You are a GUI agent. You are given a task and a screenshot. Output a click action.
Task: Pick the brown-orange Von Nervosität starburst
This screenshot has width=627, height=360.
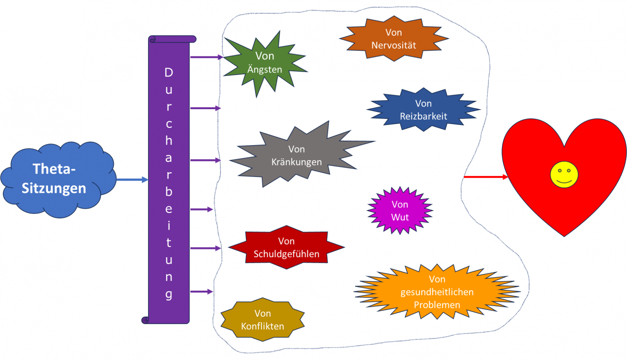click(x=393, y=39)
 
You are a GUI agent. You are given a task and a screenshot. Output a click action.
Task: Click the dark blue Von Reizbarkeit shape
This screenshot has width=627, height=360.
click(x=423, y=110)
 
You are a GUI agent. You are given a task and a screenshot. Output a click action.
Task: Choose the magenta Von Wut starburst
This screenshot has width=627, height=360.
click(x=400, y=210)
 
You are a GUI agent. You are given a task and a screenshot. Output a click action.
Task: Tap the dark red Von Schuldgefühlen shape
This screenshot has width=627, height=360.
click(x=286, y=248)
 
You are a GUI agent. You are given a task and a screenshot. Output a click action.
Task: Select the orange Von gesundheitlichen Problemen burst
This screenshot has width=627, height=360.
click(x=437, y=292)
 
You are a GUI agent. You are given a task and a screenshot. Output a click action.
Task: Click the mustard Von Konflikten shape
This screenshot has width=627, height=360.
click(x=263, y=320)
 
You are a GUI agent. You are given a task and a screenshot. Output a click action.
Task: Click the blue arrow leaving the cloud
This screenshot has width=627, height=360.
click(x=132, y=180)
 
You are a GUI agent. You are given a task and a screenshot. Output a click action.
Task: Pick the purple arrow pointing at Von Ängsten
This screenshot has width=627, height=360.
click(x=207, y=57)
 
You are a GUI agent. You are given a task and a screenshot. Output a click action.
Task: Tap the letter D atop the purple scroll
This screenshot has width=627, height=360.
click(x=169, y=73)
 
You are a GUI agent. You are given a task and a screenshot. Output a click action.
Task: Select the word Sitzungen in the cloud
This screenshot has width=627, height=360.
click(x=54, y=188)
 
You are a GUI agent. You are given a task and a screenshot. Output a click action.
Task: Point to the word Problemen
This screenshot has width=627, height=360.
click(x=437, y=304)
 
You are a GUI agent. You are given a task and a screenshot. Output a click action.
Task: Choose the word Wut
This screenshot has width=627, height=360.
click(x=400, y=216)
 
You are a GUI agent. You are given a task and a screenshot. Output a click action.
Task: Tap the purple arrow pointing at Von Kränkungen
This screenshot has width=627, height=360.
click(x=206, y=160)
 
